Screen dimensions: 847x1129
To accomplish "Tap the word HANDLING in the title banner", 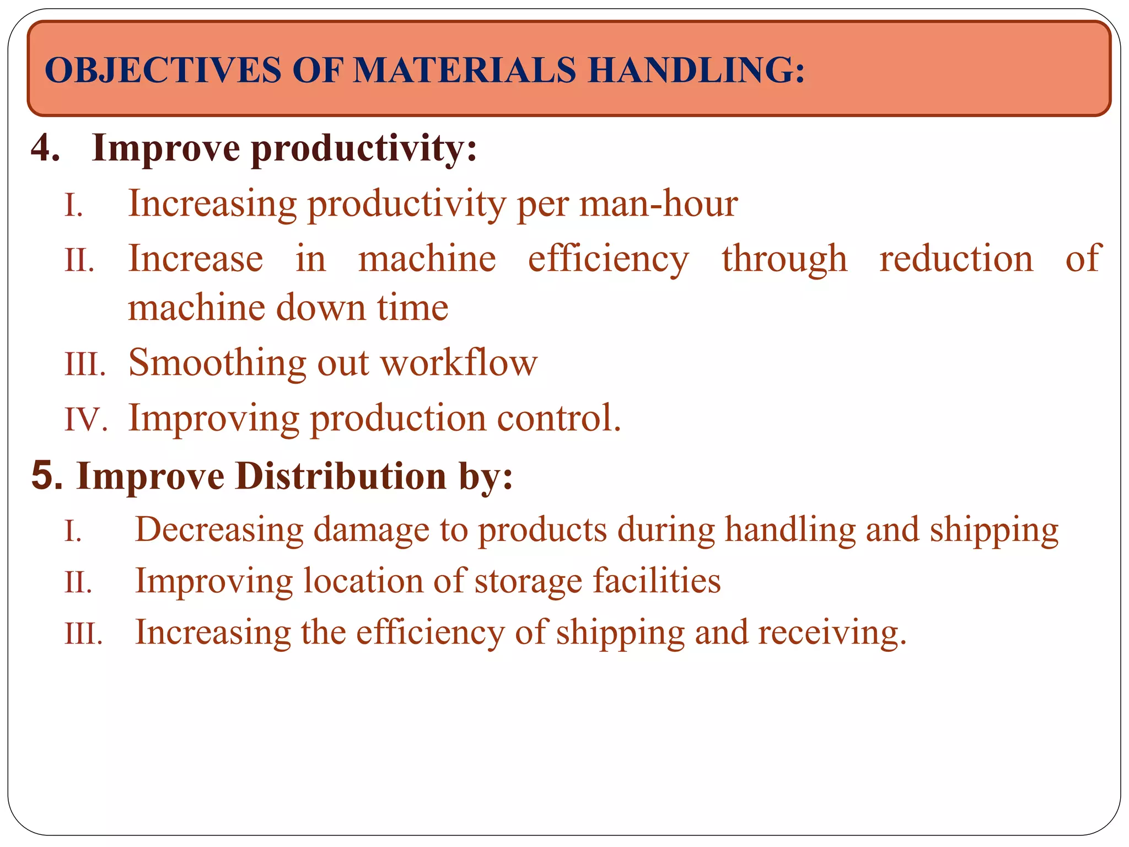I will tap(696, 71).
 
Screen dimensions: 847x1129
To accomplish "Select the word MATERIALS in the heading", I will tap(464, 71).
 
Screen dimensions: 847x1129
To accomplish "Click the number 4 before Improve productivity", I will tap(45, 148).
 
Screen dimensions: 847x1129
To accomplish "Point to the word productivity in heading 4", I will tap(364, 149).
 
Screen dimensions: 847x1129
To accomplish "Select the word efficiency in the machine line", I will tap(608, 259).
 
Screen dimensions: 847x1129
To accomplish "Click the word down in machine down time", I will tap(320, 307).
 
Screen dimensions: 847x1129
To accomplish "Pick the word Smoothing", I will tap(217, 363).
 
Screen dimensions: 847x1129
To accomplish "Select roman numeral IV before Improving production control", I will tap(85, 419).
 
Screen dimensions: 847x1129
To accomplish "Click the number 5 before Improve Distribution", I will tap(46, 475).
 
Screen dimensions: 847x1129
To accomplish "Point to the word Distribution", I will tap(340, 475).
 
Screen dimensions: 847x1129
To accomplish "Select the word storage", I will tap(528, 581).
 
